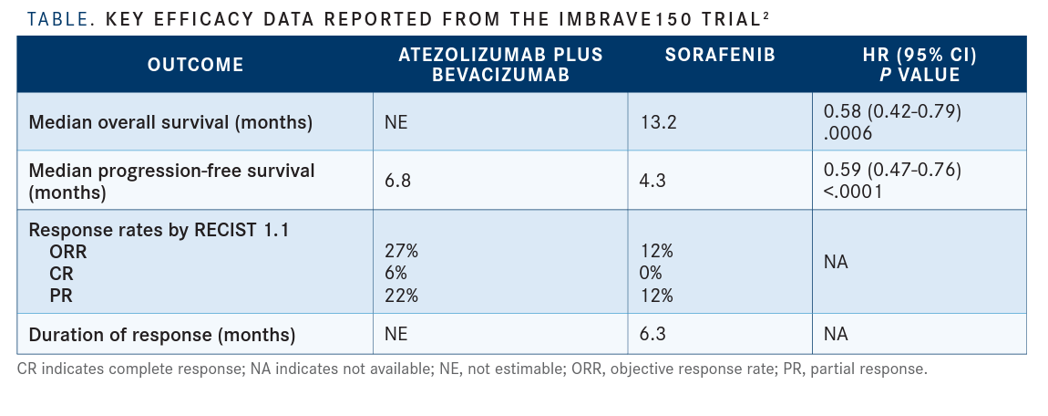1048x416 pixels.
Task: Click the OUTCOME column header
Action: coord(195,65)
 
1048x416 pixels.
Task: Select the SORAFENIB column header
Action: coord(720,56)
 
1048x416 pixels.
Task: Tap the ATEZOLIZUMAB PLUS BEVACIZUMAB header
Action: coord(500,65)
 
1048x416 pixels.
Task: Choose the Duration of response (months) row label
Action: coord(162,335)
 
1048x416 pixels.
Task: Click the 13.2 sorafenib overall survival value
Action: coord(658,122)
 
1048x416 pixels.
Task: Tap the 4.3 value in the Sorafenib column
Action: coord(653,181)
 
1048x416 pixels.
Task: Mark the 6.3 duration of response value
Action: coord(653,335)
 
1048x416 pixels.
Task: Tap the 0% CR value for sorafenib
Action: coord(652,274)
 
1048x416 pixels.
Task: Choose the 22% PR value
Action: coord(401,295)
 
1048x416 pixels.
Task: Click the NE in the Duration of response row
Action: coord(396,335)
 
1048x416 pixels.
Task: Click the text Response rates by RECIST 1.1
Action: coord(159,231)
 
